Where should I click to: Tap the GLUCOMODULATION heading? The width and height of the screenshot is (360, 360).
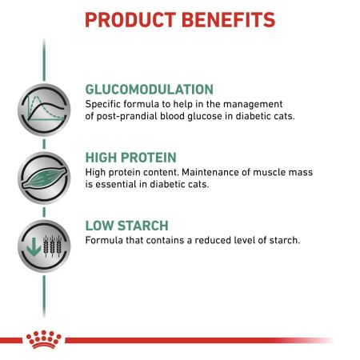click(149, 89)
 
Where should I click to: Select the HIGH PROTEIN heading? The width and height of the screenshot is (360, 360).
click(128, 158)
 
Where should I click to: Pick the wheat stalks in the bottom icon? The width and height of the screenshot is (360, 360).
click(47, 246)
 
